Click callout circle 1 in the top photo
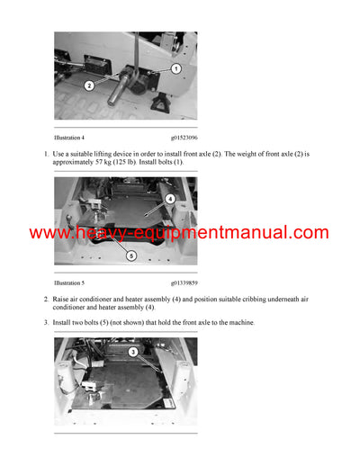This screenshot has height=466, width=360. (x=176, y=68)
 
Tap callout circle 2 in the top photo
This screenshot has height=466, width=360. (x=89, y=85)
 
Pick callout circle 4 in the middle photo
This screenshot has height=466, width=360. (x=170, y=198)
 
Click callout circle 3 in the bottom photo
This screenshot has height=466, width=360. (x=133, y=352)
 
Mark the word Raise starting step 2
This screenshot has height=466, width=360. (x=65, y=298)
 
